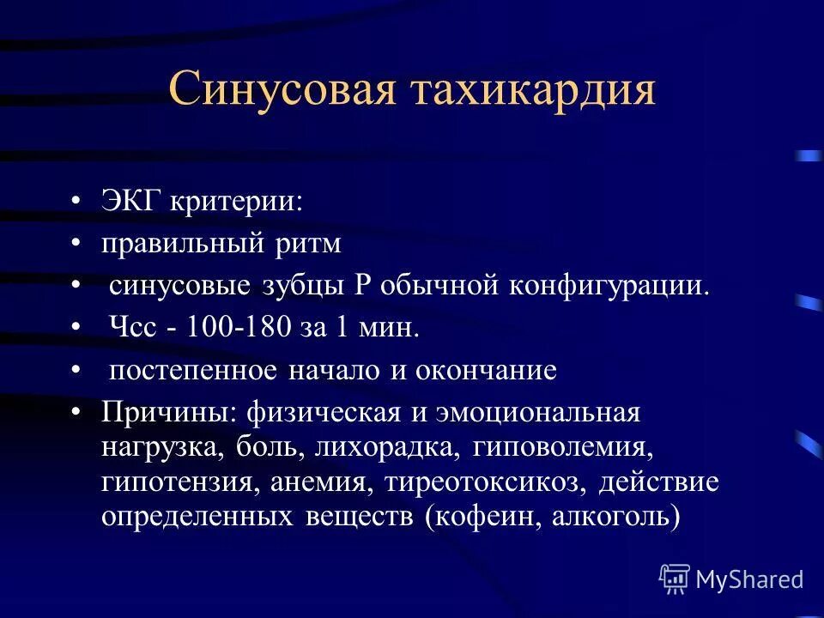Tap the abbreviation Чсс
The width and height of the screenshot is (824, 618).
[132, 328]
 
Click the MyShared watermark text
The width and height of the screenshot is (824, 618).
[749, 579]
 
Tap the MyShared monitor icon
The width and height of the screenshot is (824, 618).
[675, 579]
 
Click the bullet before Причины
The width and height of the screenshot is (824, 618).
[77, 412]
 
